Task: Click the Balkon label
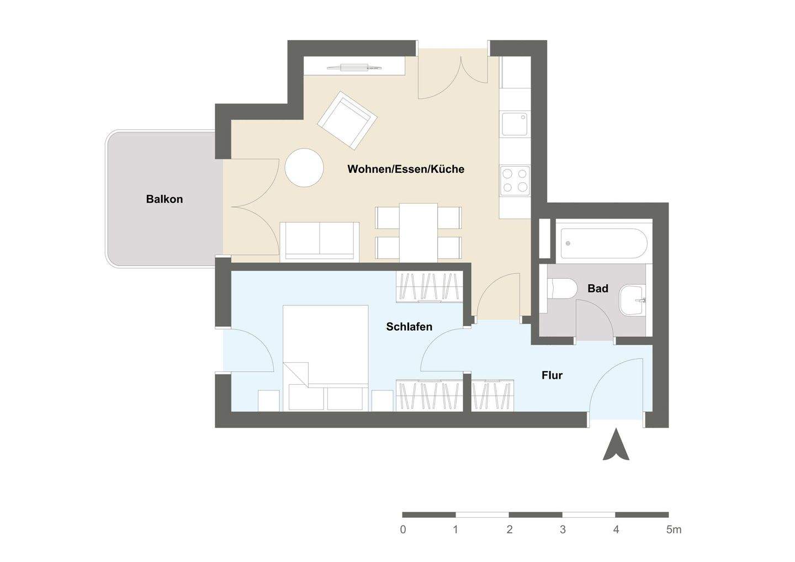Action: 164,199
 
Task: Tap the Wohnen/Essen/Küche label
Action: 405,169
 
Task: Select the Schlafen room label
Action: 409,327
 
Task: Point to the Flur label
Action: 552,375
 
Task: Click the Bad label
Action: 597,288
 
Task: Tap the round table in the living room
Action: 304,168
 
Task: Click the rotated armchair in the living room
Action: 347,120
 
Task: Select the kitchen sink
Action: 515,124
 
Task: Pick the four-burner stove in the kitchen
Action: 515,181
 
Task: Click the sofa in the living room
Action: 320,241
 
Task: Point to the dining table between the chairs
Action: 418,232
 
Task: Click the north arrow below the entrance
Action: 616,446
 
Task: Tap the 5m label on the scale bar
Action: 673,529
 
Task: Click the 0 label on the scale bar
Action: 403,529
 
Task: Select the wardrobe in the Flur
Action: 493,395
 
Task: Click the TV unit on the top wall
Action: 355,67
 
